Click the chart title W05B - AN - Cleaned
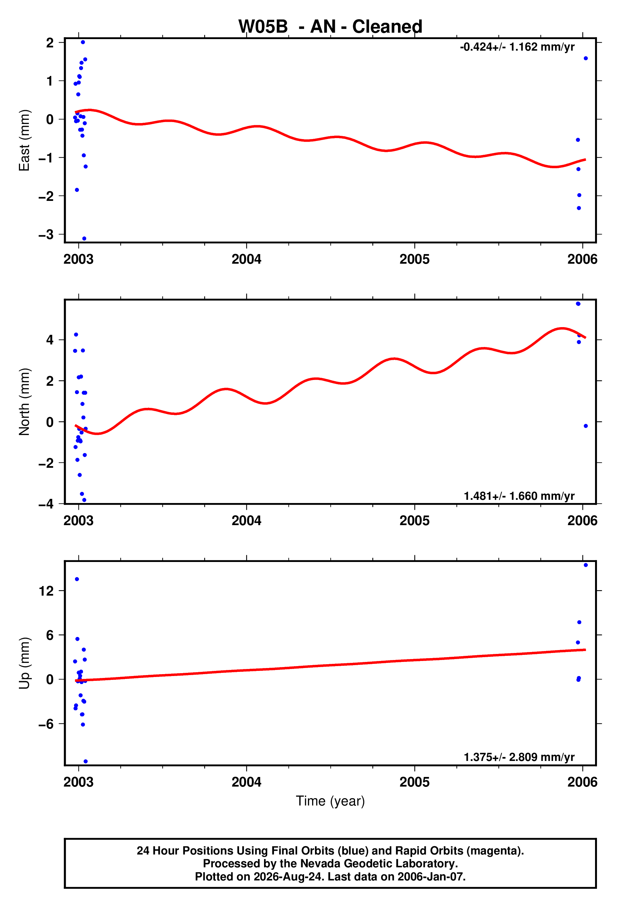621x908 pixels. click(x=330, y=27)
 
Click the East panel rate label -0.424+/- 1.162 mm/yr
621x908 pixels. click(x=517, y=47)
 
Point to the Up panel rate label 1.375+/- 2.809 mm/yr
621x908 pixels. click(x=519, y=757)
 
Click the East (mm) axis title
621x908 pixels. click(x=24, y=140)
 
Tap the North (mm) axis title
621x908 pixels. click(x=24, y=402)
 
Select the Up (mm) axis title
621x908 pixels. click(x=24, y=663)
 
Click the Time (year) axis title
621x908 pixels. click(x=330, y=801)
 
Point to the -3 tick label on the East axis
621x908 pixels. click(x=46, y=235)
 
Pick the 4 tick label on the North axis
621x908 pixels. click(x=50, y=340)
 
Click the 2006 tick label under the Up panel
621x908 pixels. click(x=583, y=782)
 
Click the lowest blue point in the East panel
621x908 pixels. click(x=84, y=238)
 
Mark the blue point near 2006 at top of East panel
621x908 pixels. click(x=586, y=58)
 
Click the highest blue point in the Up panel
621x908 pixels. click(x=586, y=565)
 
